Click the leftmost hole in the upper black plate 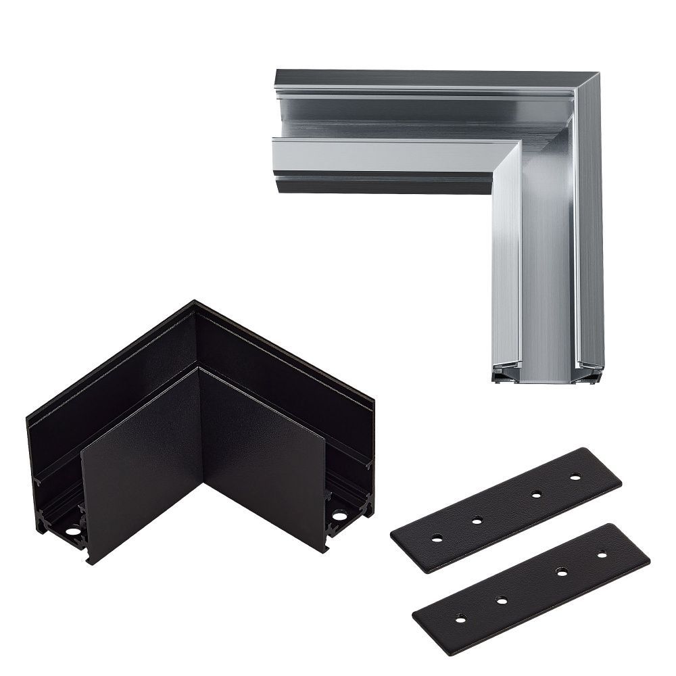(x=437, y=538)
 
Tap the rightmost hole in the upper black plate (x=575, y=477)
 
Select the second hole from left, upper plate (x=477, y=520)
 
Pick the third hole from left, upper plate (x=536, y=495)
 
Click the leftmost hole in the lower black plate (x=461, y=619)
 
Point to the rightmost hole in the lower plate (x=602, y=555)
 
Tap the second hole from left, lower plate (x=501, y=600)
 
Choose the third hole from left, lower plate (x=562, y=572)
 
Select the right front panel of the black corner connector (x=264, y=453)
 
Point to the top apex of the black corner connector (x=195, y=302)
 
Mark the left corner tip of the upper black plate (x=392, y=534)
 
